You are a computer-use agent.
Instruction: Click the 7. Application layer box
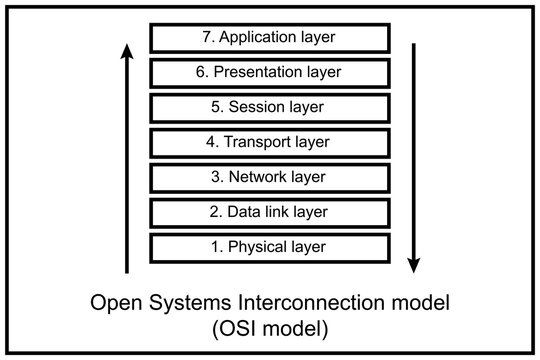coord(269,38)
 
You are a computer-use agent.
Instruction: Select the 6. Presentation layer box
coord(269,72)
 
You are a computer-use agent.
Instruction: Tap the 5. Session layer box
coord(269,107)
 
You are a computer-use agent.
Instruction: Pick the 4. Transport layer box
coord(269,142)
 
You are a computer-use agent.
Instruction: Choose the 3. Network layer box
coord(269,177)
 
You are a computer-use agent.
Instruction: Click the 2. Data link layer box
coord(269,212)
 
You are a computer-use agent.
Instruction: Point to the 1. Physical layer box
coord(269,246)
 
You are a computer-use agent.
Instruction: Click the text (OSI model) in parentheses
coord(269,327)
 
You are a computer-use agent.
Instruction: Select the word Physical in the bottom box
coord(258,246)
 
